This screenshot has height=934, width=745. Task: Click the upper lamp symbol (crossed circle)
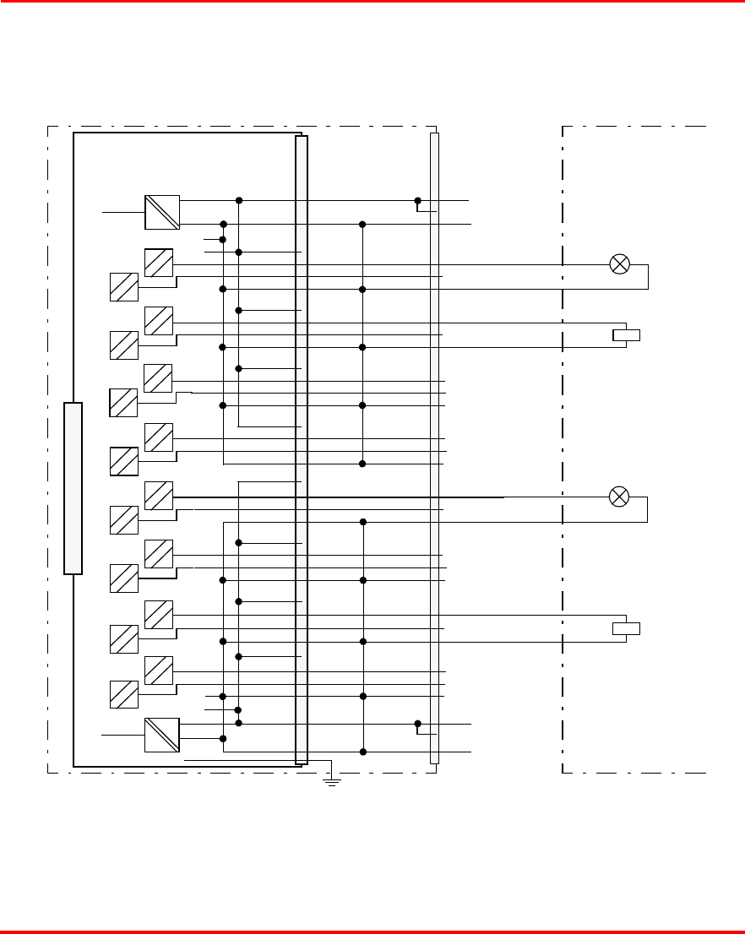pos(620,264)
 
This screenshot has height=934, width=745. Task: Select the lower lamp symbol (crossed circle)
pos(619,497)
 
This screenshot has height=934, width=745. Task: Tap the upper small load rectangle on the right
pos(626,335)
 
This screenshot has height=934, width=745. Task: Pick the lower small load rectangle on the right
pos(626,628)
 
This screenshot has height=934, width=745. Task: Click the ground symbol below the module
pos(333,782)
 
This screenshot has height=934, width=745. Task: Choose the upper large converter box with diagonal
pos(162,212)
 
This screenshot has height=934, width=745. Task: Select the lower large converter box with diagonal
pos(161,736)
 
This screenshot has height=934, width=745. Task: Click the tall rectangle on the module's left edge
pos(73,488)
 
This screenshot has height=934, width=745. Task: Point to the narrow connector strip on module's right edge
pos(302,449)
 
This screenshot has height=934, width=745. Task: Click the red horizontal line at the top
pos(372,3)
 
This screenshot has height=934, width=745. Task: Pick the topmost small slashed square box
pos(159,263)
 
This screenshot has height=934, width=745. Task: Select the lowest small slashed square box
pos(123,694)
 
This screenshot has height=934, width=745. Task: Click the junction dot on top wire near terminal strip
pos(418,201)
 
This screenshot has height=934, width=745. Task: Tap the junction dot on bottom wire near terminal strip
pos(418,724)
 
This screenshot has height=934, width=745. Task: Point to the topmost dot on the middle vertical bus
pos(362,225)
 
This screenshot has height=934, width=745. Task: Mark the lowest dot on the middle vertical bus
pos(362,752)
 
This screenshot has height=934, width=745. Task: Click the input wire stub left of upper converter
pos(123,212)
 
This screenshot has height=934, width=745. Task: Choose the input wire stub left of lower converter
pos(123,736)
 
